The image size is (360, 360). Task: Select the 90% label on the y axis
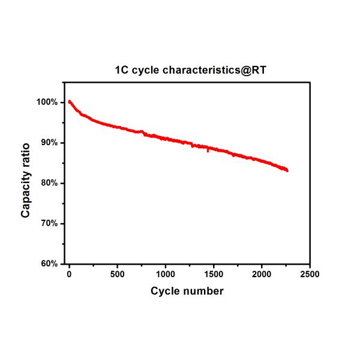[48, 143]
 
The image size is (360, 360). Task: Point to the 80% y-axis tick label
[48, 183]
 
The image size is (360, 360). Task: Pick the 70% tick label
[48, 223]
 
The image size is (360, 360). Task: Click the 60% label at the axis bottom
[48, 263]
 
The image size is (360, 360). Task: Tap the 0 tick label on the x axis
[69, 274]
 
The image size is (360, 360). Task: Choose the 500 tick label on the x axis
[117, 274]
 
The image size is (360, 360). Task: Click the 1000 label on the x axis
[165, 274]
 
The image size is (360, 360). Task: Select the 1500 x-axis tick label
[213, 274]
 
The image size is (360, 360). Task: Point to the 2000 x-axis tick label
[262, 274]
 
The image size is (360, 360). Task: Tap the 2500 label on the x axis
[310, 274]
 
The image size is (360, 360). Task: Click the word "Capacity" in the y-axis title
[26, 194]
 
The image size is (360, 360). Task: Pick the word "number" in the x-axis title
[203, 291]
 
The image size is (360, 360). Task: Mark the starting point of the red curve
[69, 101]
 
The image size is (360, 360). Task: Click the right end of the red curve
[287, 170]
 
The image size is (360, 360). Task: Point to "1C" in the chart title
[122, 70]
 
